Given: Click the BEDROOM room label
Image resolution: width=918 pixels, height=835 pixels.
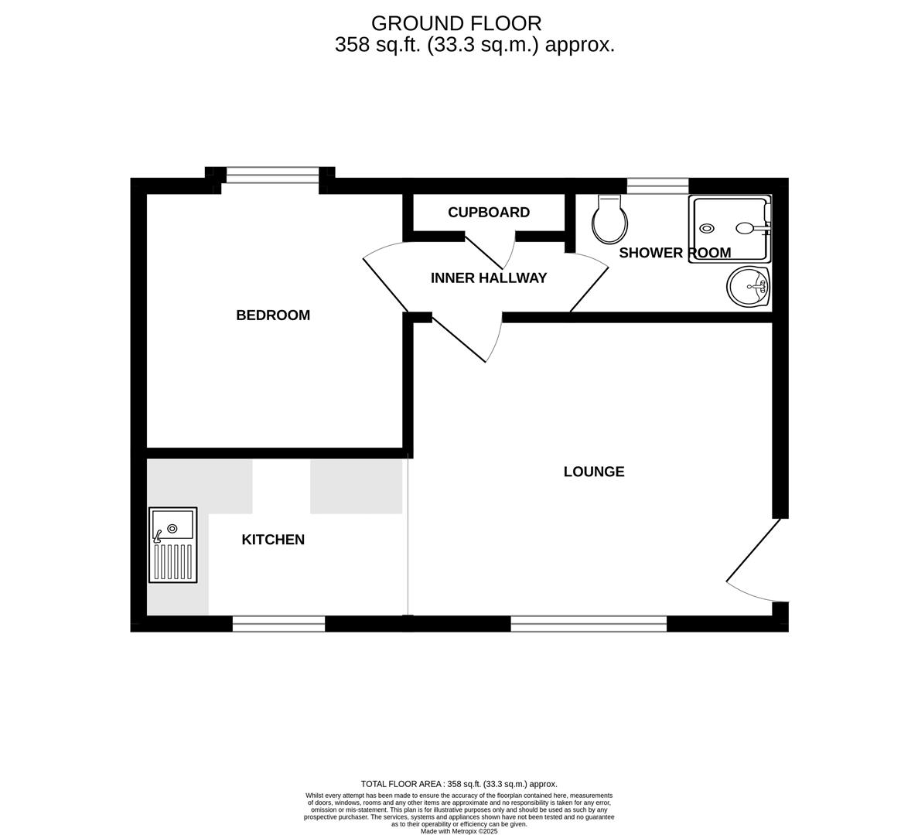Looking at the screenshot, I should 272,315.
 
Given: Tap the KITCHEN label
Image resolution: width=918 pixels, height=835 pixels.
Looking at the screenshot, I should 273,540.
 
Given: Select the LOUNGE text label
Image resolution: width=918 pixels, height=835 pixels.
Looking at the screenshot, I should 593,472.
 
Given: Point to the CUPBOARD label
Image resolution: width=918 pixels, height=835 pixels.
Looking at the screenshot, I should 489,213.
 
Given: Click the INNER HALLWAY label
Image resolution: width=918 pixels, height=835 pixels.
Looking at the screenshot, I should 489,278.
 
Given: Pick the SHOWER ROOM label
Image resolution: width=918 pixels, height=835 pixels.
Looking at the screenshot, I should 674,253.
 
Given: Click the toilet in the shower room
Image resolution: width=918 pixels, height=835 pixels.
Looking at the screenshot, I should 609,219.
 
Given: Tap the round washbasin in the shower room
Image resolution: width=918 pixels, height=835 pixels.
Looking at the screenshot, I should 748,287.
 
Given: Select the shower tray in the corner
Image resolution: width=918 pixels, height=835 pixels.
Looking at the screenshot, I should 730,228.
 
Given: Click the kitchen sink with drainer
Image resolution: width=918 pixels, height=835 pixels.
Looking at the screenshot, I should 173,545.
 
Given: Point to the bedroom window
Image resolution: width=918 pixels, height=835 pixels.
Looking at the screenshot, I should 271,176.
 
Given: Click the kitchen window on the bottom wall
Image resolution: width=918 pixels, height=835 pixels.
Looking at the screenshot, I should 278,624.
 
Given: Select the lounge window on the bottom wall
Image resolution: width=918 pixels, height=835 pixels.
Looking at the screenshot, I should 589,624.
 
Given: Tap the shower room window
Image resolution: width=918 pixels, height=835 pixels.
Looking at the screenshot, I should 657,186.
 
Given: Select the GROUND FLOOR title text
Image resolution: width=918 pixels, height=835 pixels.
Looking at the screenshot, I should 456,23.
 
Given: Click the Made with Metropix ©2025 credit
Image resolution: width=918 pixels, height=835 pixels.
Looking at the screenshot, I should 459,831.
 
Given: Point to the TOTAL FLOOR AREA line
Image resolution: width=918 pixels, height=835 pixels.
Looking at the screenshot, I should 459,784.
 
